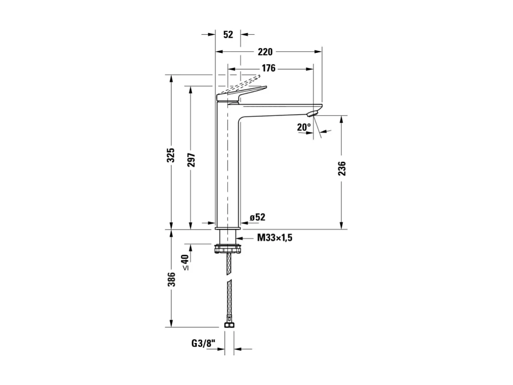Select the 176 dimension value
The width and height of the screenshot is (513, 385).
pos(268,69)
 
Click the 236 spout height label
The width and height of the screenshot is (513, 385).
pos(342,168)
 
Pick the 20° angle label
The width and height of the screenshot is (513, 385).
pos(304,127)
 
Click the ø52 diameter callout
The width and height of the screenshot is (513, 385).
pos(257,217)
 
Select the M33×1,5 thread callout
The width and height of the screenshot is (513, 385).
pos(275,238)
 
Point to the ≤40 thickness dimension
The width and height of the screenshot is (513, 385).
pos(185,262)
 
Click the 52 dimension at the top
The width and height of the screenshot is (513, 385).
pos(228,34)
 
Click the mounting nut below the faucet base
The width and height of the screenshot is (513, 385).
pos(229,249)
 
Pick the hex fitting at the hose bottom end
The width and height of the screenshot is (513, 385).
pos(229,325)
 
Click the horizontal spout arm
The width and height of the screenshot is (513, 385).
pos(279,109)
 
